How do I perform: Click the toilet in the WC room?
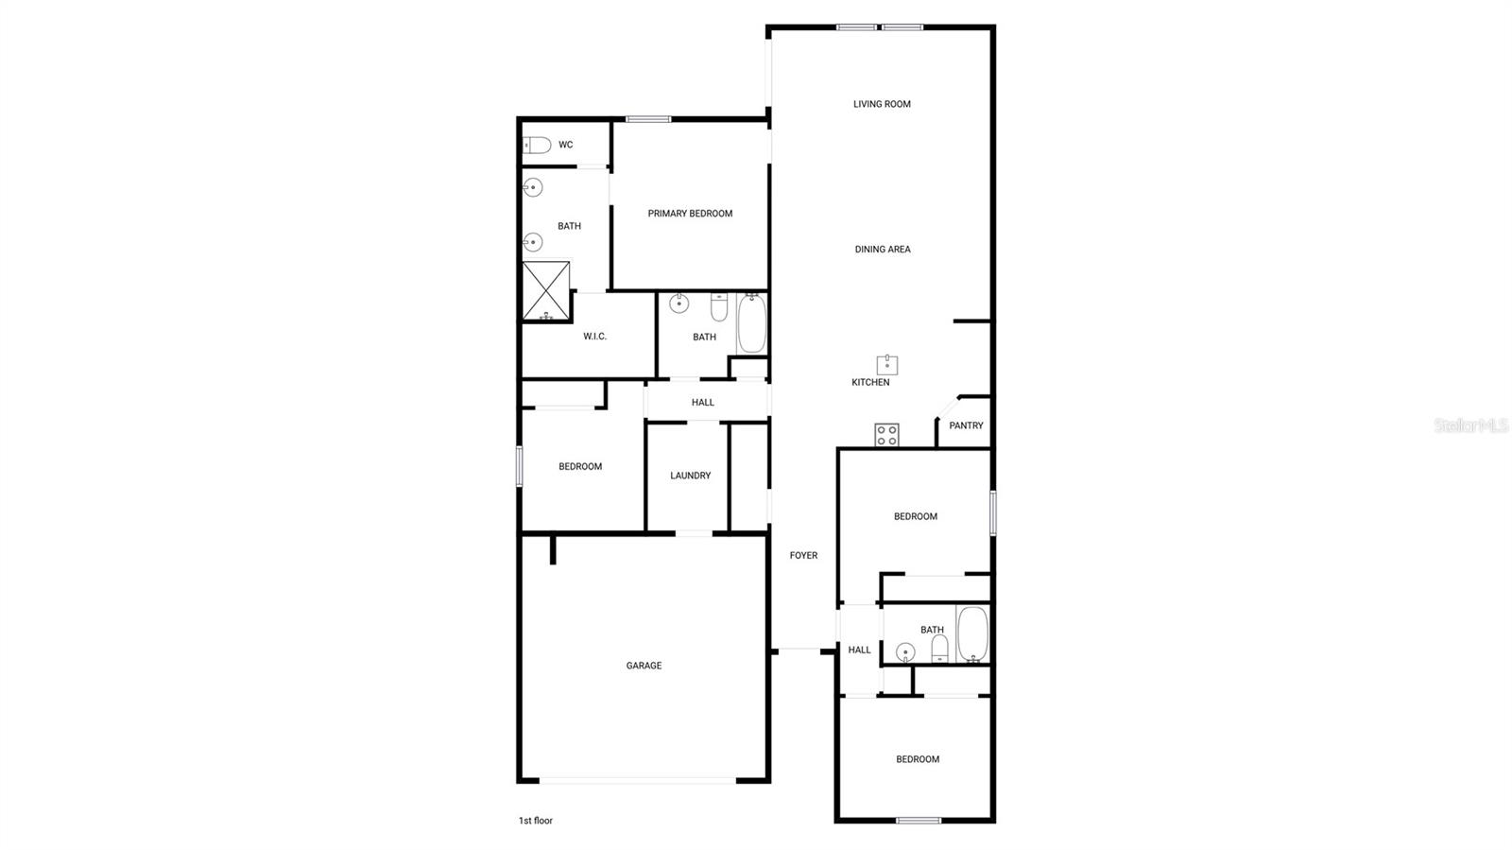point(537,145)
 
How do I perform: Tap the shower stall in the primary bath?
point(546,291)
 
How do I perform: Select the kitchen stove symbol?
point(886,435)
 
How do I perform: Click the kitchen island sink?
point(886,365)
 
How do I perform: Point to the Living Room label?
point(882,104)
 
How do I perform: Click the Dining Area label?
point(883,250)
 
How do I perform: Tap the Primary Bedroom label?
point(690,214)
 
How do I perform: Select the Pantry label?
point(966,425)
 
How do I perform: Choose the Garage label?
point(644,666)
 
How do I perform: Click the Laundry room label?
point(690,476)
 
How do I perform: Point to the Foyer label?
point(803,556)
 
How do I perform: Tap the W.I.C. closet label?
point(594,337)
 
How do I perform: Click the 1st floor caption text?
point(535,821)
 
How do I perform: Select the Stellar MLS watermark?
point(1470,425)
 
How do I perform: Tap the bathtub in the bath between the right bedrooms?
point(972,633)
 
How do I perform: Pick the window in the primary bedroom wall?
point(648,119)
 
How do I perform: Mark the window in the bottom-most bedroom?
point(919,820)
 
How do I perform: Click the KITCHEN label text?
point(870,383)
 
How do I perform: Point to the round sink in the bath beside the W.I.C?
point(679,304)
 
